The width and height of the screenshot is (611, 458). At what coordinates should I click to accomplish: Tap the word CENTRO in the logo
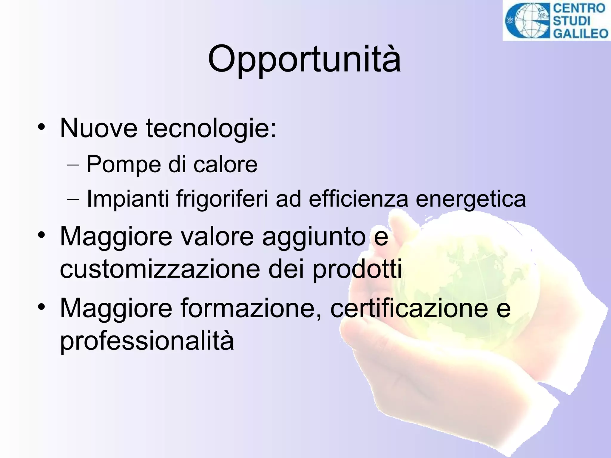[x=579, y=8]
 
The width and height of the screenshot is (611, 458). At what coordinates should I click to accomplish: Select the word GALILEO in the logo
[x=581, y=33]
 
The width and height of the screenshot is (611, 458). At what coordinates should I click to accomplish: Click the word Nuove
[x=99, y=128]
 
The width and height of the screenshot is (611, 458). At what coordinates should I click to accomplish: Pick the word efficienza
[x=358, y=199]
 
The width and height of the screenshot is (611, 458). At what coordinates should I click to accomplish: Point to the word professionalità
[x=147, y=341]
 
